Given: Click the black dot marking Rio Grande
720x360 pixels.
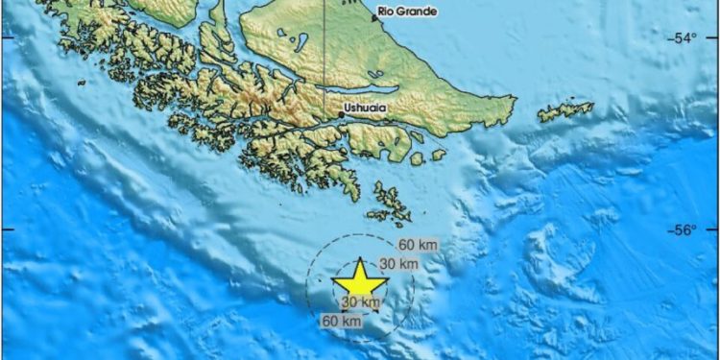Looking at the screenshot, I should [x=374, y=17].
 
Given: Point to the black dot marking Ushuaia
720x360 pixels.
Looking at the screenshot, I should [x=340, y=115].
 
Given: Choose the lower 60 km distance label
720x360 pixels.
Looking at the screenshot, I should [x=343, y=321].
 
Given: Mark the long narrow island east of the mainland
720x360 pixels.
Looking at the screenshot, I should [x=565, y=111].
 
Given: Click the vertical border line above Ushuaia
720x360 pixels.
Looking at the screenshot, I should [x=324, y=48].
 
